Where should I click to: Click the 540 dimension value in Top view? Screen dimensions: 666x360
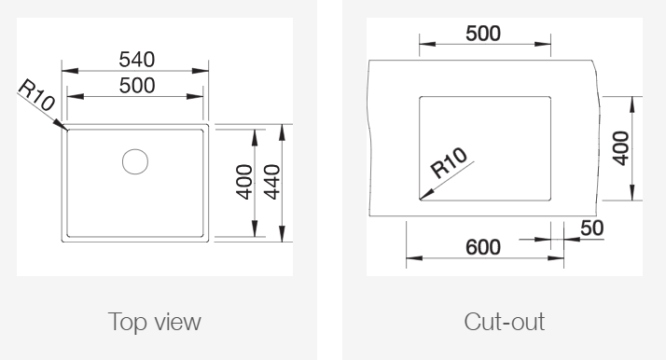pos(137,60)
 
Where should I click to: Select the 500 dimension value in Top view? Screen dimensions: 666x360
pos(137,86)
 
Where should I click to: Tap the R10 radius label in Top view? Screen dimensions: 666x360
pos(37,95)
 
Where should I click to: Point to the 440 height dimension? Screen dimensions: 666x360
pos(271,182)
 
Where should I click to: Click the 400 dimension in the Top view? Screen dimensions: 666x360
pos(244,182)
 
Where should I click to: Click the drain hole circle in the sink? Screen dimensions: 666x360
pos(135,161)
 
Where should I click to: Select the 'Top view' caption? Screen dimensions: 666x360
pos(154,322)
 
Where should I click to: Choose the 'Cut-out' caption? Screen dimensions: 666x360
pos(505,322)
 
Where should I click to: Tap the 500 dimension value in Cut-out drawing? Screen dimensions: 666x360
pos(483,34)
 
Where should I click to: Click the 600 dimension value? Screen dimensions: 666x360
pos(483,247)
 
